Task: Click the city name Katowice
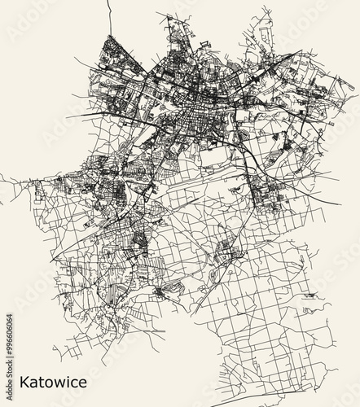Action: point(52,381)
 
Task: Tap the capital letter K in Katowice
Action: point(24,381)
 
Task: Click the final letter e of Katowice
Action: point(82,383)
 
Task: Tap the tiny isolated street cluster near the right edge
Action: point(309,297)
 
